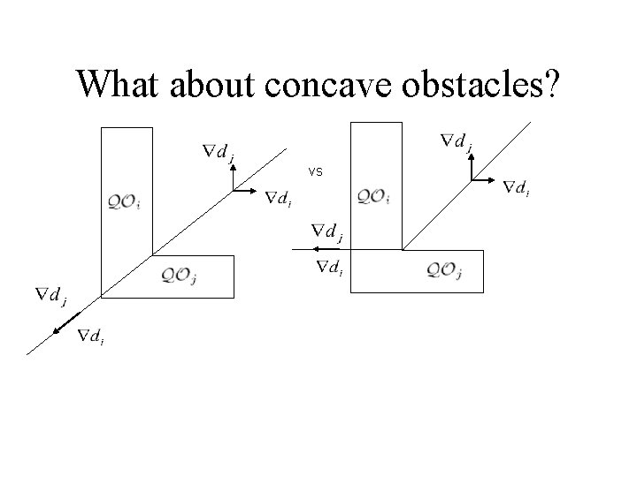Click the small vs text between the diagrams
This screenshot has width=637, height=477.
point(316,171)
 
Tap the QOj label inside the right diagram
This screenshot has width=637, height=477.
point(444,270)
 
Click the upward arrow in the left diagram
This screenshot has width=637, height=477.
point(232,178)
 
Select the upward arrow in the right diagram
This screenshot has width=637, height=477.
point(471,163)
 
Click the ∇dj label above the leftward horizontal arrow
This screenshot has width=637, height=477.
point(327,232)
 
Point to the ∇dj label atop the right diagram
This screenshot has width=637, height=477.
point(457,141)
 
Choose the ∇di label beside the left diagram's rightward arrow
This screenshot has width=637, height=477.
point(280,197)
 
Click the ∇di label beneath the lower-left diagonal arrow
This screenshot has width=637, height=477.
point(91,336)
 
